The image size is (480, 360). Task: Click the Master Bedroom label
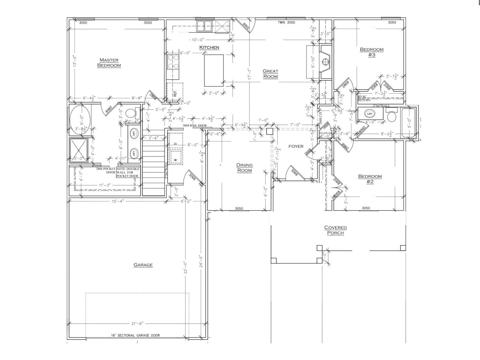[109, 63]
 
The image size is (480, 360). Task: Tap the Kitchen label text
[209, 47]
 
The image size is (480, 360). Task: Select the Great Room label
[270, 74]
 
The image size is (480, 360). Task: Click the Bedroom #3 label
[372, 52]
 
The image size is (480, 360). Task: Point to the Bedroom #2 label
[370, 179]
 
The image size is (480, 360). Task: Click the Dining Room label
[244, 168]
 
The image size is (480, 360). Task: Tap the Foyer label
[296, 146]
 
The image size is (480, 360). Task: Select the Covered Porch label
[335, 230]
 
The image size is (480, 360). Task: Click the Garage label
[143, 265]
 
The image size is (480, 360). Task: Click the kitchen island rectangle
[214, 70]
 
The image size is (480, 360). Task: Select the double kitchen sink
[204, 26]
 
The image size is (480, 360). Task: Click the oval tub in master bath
[80, 120]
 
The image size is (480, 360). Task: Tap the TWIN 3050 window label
[286, 22]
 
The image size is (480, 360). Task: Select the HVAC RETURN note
[364, 98]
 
